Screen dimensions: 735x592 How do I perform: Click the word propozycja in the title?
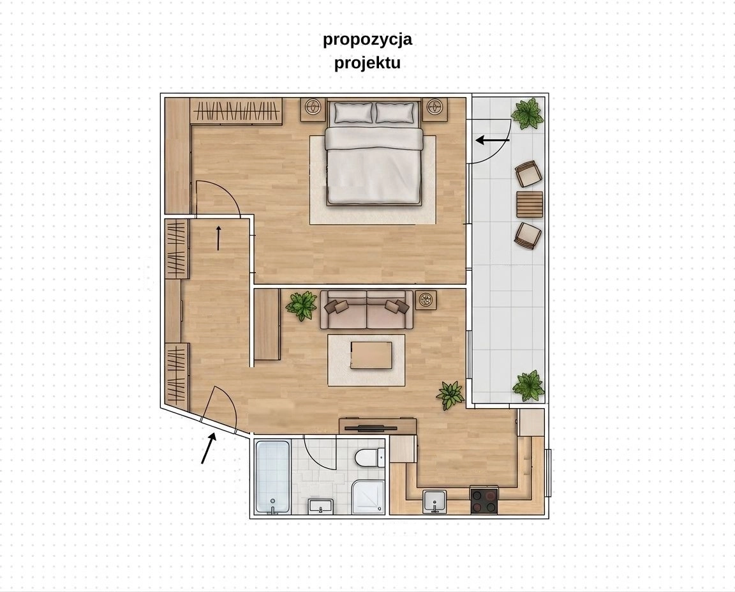point(367,40)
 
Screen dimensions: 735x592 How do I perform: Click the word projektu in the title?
point(367,63)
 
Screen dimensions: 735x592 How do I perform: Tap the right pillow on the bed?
point(397,112)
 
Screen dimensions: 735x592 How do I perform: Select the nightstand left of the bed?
point(313,110)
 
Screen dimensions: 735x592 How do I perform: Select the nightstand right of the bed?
point(436,110)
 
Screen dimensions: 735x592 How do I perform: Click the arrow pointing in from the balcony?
point(493,140)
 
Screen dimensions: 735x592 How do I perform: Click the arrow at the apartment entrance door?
point(209,448)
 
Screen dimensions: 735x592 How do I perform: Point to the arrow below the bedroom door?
point(218,238)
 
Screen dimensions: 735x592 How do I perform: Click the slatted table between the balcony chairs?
point(530,204)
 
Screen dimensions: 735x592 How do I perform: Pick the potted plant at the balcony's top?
point(528,112)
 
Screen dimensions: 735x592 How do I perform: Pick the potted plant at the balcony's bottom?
point(529,386)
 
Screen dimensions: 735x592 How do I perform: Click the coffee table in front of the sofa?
point(371,355)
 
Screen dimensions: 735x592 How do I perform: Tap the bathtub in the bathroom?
point(272,476)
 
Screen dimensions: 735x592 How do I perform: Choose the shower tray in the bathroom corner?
point(368,497)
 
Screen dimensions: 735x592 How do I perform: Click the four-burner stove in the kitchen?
point(484,501)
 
